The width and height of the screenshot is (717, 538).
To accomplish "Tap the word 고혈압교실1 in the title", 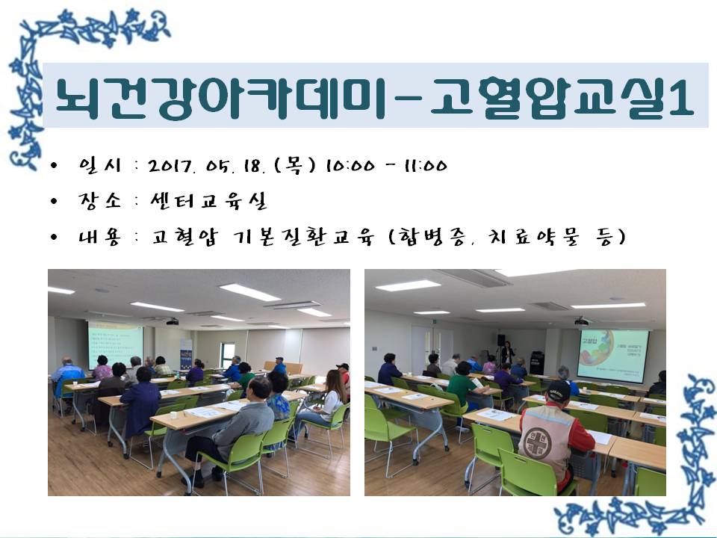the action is [x=562, y=96].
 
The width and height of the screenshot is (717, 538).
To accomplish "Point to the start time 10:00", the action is [x=350, y=166].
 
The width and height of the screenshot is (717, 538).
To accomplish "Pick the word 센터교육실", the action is [x=209, y=200].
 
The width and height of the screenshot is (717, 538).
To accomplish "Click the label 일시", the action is [x=99, y=165].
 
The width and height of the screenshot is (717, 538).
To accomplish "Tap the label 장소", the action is [x=99, y=201].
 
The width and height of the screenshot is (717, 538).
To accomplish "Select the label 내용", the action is [x=99, y=237].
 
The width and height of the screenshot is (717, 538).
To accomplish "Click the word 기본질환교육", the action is [x=304, y=237].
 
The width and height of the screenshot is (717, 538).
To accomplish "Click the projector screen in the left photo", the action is [x=115, y=344].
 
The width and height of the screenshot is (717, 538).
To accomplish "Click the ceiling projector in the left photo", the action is [x=172, y=321].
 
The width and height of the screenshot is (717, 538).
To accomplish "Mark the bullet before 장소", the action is [x=55, y=201].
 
